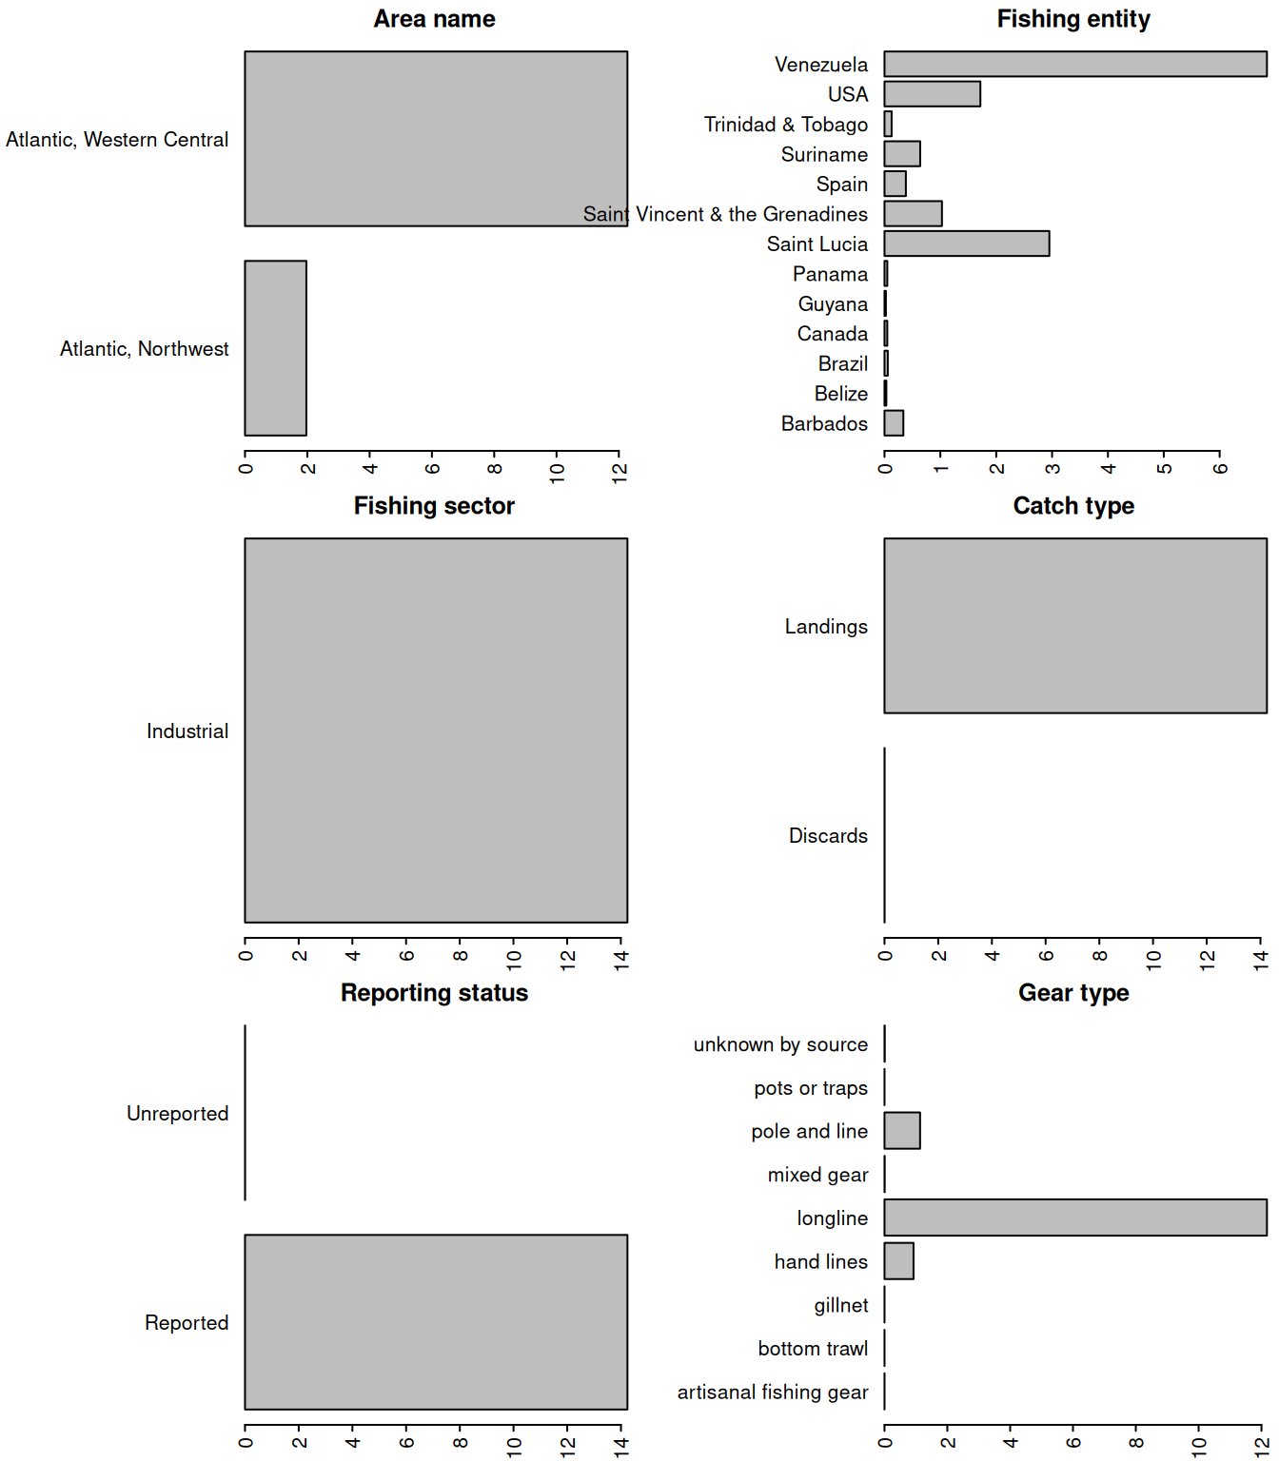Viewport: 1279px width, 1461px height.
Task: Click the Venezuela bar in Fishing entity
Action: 1075,64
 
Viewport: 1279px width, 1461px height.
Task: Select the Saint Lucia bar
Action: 966,243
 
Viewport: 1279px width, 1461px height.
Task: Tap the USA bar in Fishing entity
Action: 932,94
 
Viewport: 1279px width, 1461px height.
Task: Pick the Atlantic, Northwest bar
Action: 276,348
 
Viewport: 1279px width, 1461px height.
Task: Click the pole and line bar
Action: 902,1131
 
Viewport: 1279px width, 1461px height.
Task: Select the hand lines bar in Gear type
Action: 898,1261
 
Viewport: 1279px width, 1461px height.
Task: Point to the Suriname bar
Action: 902,154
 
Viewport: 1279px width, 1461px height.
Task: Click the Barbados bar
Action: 894,423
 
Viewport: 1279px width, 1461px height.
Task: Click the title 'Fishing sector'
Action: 434,506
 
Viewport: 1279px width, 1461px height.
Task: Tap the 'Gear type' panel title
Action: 1073,993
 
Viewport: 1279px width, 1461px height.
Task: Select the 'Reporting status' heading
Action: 434,993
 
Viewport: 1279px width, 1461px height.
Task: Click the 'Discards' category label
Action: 828,836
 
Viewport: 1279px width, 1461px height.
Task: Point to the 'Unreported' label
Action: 178,1114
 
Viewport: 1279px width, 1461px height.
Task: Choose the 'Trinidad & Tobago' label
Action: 786,125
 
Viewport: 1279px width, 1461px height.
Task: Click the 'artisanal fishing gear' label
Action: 773,1393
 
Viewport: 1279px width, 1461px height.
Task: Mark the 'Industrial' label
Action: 187,731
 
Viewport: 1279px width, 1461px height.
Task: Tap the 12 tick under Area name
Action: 620,471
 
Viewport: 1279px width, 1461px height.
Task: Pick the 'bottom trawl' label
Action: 813,1349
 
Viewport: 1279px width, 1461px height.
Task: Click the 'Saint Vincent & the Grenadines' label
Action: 725,214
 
